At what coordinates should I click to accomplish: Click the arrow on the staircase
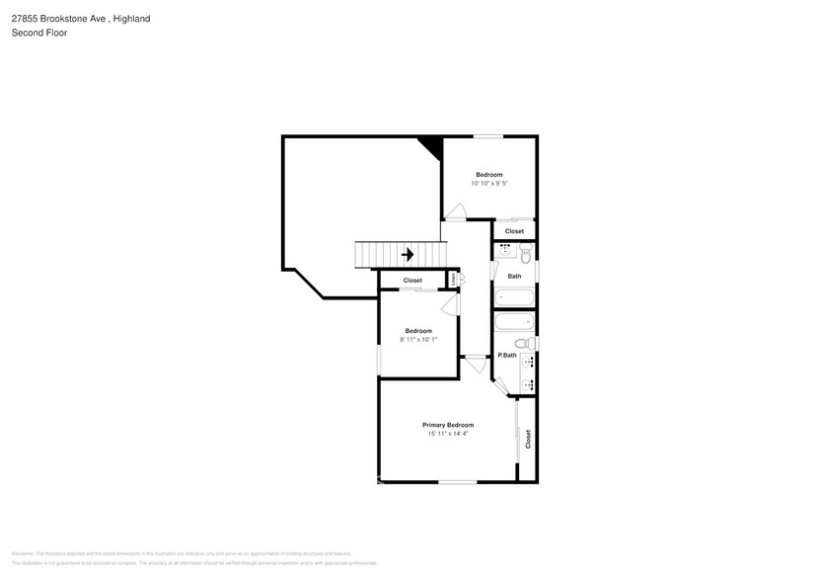click(407, 255)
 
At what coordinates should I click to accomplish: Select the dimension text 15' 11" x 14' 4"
click(448, 434)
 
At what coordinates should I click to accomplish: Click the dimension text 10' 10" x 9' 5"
click(488, 184)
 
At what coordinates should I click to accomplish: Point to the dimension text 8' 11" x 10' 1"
click(418, 340)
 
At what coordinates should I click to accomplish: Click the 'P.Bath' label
click(507, 356)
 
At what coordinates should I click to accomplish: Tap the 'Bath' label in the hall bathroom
click(514, 277)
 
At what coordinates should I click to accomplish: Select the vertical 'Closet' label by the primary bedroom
click(528, 439)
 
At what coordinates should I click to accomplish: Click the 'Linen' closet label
click(454, 281)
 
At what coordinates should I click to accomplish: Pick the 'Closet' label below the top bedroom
click(514, 231)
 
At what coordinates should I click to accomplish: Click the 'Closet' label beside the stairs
click(412, 281)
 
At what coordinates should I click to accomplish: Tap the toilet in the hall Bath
click(526, 256)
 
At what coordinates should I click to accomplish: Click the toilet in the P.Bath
click(529, 343)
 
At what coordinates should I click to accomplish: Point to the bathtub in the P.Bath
click(513, 321)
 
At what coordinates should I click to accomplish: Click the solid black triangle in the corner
click(431, 145)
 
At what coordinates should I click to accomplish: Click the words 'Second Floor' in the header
click(38, 32)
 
